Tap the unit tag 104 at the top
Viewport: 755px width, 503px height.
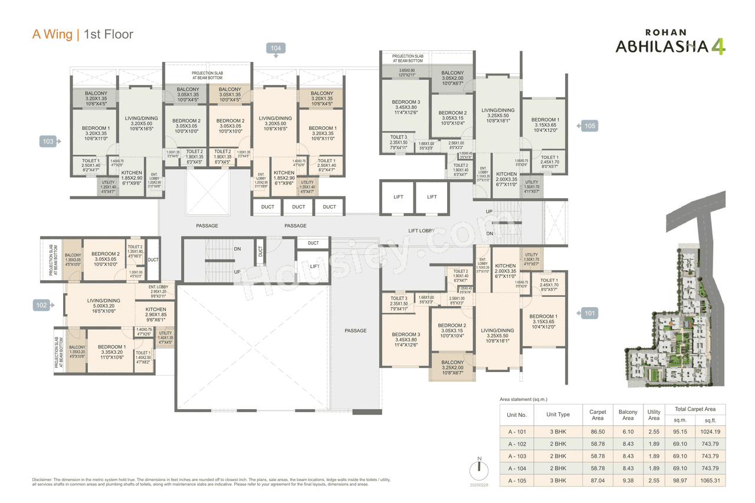(275, 48)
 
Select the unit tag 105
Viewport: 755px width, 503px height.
(590, 126)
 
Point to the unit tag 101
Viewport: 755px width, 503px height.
(590, 313)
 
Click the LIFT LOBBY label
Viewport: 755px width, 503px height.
(422, 231)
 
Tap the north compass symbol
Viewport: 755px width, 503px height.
(480, 470)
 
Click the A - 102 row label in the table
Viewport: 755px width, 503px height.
(517, 443)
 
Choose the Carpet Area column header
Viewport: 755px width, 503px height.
(598, 415)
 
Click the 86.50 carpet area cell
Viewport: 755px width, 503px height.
(598, 431)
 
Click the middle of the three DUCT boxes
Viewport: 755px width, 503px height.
(298, 207)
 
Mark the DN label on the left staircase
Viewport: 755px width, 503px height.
(237, 249)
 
